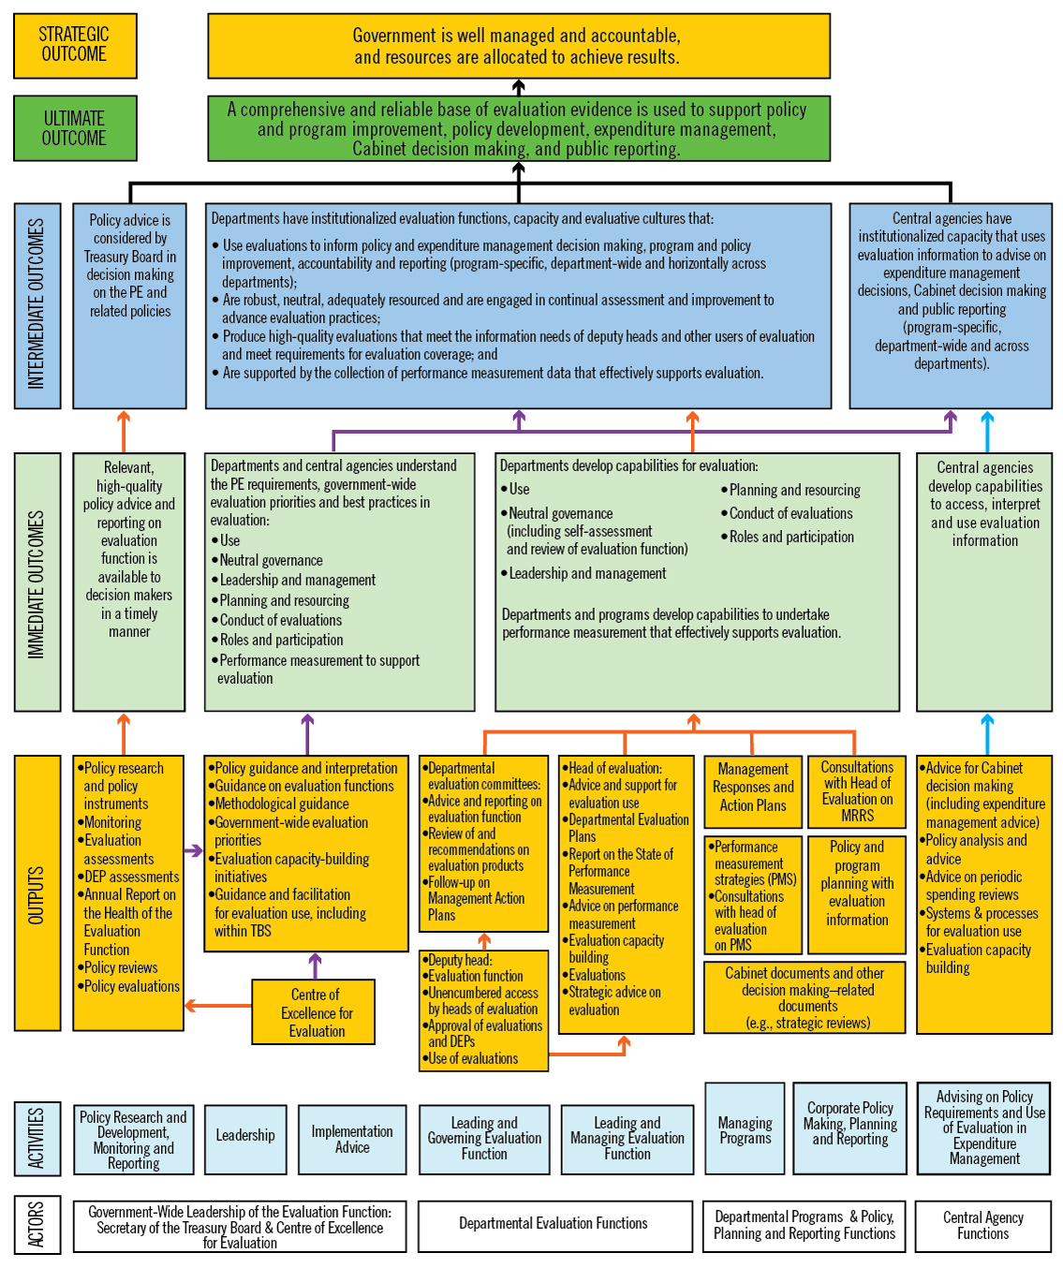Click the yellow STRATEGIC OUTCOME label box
click(x=75, y=45)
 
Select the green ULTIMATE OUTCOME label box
click(x=75, y=128)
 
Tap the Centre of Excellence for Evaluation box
click(x=314, y=1012)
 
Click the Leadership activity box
click(x=245, y=1137)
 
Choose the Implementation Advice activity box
click(x=352, y=1139)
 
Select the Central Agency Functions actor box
click(x=983, y=1226)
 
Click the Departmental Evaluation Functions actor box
click(x=553, y=1224)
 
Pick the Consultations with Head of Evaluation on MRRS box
click(x=857, y=791)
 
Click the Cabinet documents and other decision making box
click(x=805, y=997)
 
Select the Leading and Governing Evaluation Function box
click(x=484, y=1139)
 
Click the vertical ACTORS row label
click(x=37, y=1224)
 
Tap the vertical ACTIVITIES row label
click(x=37, y=1137)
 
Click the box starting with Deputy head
click(x=484, y=1010)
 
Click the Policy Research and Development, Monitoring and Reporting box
click(x=133, y=1139)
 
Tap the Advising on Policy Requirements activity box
click(x=984, y=1128)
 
